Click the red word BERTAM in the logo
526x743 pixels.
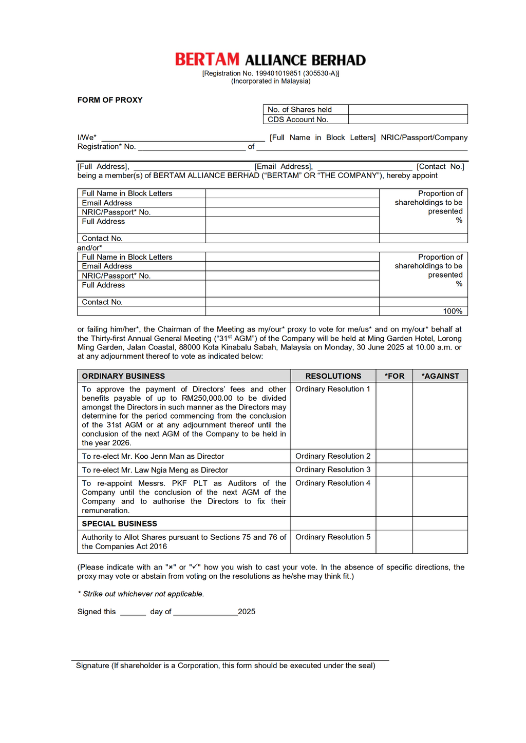coord(207,60)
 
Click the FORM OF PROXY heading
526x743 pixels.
coord(110,100)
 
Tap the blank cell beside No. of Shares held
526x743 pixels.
coord(408,109)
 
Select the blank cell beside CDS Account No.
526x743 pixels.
coord(408,120)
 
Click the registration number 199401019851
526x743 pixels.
coord(278,73)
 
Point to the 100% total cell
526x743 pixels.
coord(453,311)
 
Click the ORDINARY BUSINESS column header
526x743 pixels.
coord(123,376)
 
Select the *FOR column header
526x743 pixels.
coord(394,376)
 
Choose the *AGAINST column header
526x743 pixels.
coord(440,376)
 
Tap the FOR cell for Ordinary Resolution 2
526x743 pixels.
coord(394,456)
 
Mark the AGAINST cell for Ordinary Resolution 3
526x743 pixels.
coord(440,470)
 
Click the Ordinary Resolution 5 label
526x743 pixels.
coord(333,537)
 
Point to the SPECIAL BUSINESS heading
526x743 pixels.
coord(119,524)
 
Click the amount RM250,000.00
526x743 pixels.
coord(207,398)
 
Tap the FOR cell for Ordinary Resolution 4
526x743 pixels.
coord(394,496)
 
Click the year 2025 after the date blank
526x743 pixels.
coord(247,612)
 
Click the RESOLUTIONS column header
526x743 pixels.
coord(333,376)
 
